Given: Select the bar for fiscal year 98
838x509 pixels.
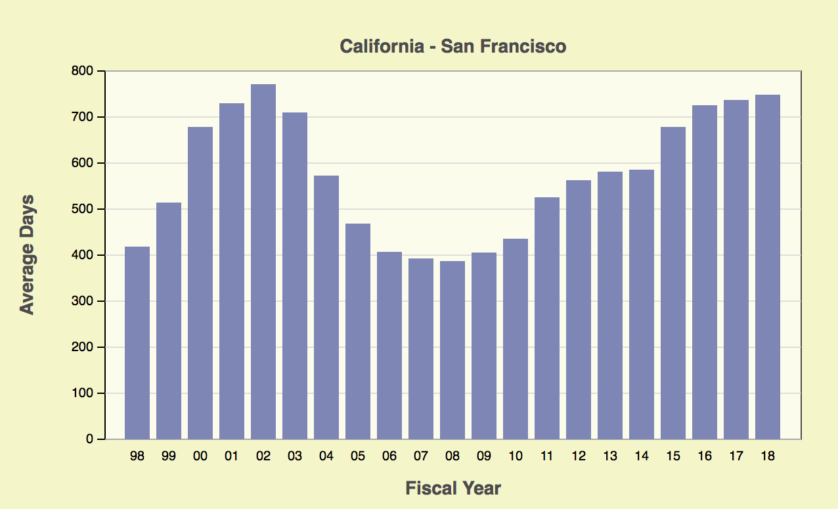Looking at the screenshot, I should pos(137,343).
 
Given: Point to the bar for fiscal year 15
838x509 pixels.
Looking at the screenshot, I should pos(673,283).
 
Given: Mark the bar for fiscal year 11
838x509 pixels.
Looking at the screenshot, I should pos(547,318).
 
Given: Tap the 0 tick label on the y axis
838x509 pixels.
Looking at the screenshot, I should pos(91,439).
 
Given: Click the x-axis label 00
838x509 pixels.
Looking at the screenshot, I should pos(200,456).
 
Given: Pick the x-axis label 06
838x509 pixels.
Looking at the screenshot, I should pos(389,456).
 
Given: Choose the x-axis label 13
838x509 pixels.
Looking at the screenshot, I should pos(610,456).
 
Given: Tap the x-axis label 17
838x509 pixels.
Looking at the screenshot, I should pos(736,456).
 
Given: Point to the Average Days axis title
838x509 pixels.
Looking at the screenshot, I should pos(27,254).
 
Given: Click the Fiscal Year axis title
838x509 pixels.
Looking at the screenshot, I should pos(453,489).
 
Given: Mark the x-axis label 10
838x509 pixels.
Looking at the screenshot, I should pos(516,456).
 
